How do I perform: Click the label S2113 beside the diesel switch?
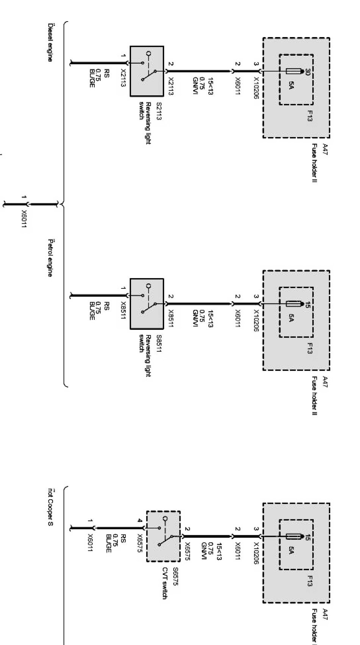pyautogui.click(x=159, y=111)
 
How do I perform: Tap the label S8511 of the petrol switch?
pyautogui.click(x=159, y=344)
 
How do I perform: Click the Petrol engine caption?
pyautogui.click(x=50, y=257)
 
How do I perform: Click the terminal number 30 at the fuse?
pyautogui.click(x=307, y=72)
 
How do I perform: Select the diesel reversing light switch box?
pyautogui.click(x=147, y=71)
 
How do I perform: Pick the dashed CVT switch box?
pyautogui.click(x=163, y=536)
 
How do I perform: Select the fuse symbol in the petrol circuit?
pyautogui.click(x=293, y=304)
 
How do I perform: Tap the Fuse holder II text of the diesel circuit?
pyautogui.click(x=314, y=163)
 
